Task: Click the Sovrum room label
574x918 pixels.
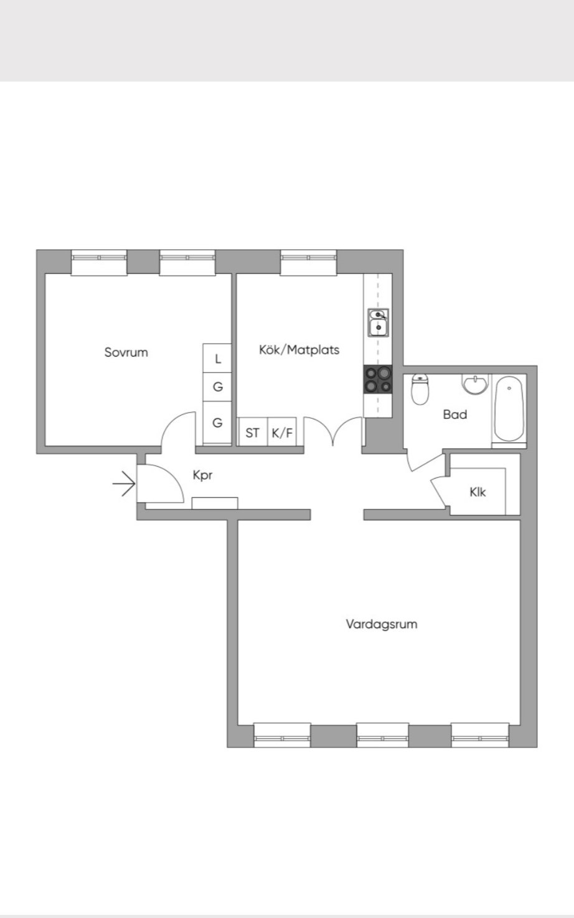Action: coord(126,352)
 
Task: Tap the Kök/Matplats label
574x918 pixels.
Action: coord(299,350)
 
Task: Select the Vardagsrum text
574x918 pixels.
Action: coord(382,624)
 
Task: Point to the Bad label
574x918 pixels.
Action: coord(455,415)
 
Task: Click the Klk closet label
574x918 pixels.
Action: coord(478,492)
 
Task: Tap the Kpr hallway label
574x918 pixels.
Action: coord(202,475)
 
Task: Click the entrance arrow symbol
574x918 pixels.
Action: coord(124,484)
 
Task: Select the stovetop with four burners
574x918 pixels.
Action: coord(378,380)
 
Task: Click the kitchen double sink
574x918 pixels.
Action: coord(378,322)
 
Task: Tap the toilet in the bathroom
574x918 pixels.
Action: coord(420,388)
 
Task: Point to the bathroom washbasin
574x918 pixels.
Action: coord(475,384)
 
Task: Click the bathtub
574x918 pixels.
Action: coord(509,409)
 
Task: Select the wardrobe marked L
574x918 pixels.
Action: coord(217,358)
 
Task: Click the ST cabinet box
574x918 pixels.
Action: coord(253,432)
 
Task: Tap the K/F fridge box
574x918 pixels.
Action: coord(282,432)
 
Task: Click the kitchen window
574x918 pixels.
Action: coord(308,262)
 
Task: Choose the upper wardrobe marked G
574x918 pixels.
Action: coord(217,387)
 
